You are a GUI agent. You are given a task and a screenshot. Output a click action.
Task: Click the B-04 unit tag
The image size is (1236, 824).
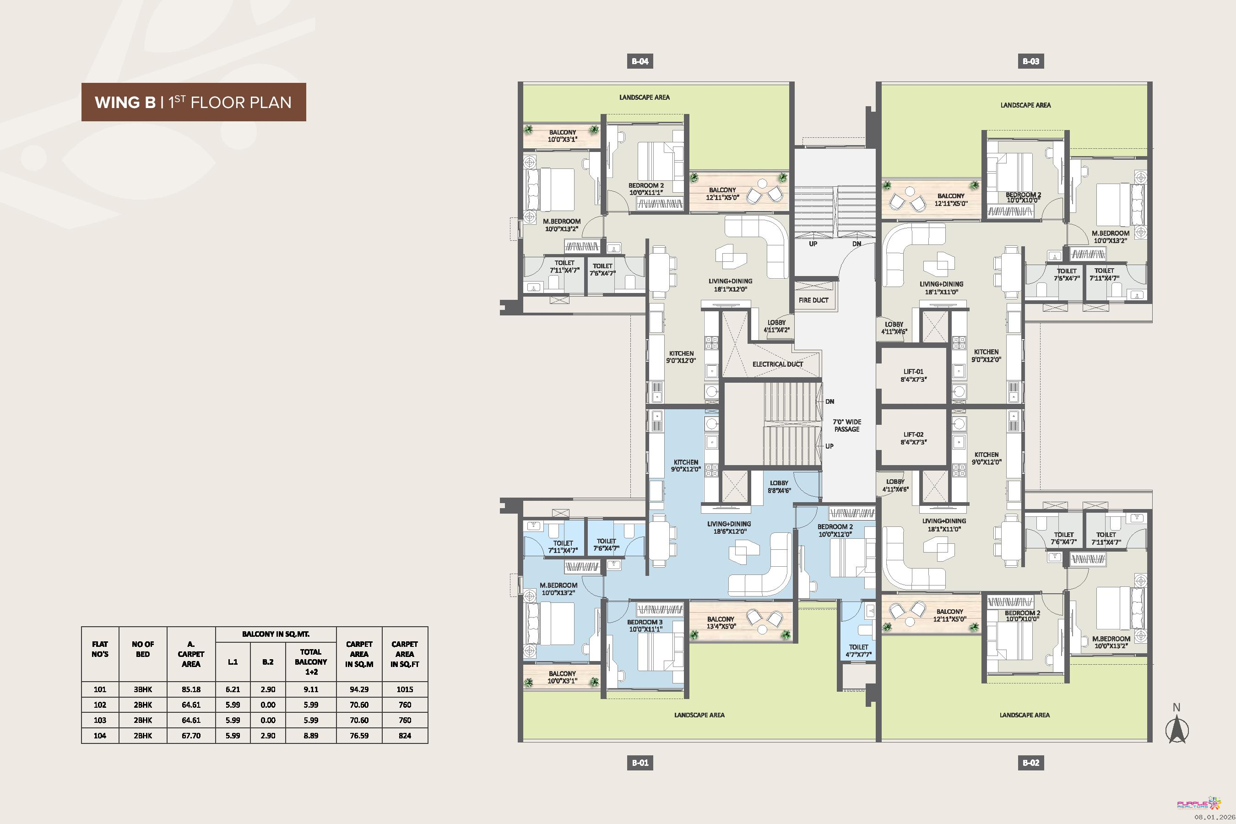(640, 61)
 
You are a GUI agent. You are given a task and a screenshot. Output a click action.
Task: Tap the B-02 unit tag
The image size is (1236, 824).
(1030, 763)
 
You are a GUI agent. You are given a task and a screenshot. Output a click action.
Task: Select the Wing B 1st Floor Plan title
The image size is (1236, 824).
(193, 102)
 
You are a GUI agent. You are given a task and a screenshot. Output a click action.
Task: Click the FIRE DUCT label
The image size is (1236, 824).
(813, 300)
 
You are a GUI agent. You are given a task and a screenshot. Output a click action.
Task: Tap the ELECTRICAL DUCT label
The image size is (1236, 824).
(778, 364)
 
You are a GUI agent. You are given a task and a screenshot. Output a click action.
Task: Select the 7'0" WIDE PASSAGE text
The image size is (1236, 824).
(846, 426)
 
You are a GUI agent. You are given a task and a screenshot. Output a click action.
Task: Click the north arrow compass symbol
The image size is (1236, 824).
(1176, 725)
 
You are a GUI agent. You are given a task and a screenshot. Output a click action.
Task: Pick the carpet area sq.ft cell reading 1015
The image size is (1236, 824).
(405, 689)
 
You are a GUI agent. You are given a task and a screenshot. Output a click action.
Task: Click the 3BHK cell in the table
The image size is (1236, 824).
(142, 689)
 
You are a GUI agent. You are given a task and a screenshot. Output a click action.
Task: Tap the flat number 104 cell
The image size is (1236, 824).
(100, 736)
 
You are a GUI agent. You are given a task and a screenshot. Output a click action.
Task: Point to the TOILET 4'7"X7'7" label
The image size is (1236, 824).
(859, 651)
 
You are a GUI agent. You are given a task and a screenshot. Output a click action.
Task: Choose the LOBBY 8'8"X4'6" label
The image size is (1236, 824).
(779, 487)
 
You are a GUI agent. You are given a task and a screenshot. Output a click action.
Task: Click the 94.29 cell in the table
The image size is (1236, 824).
(359, 689)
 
